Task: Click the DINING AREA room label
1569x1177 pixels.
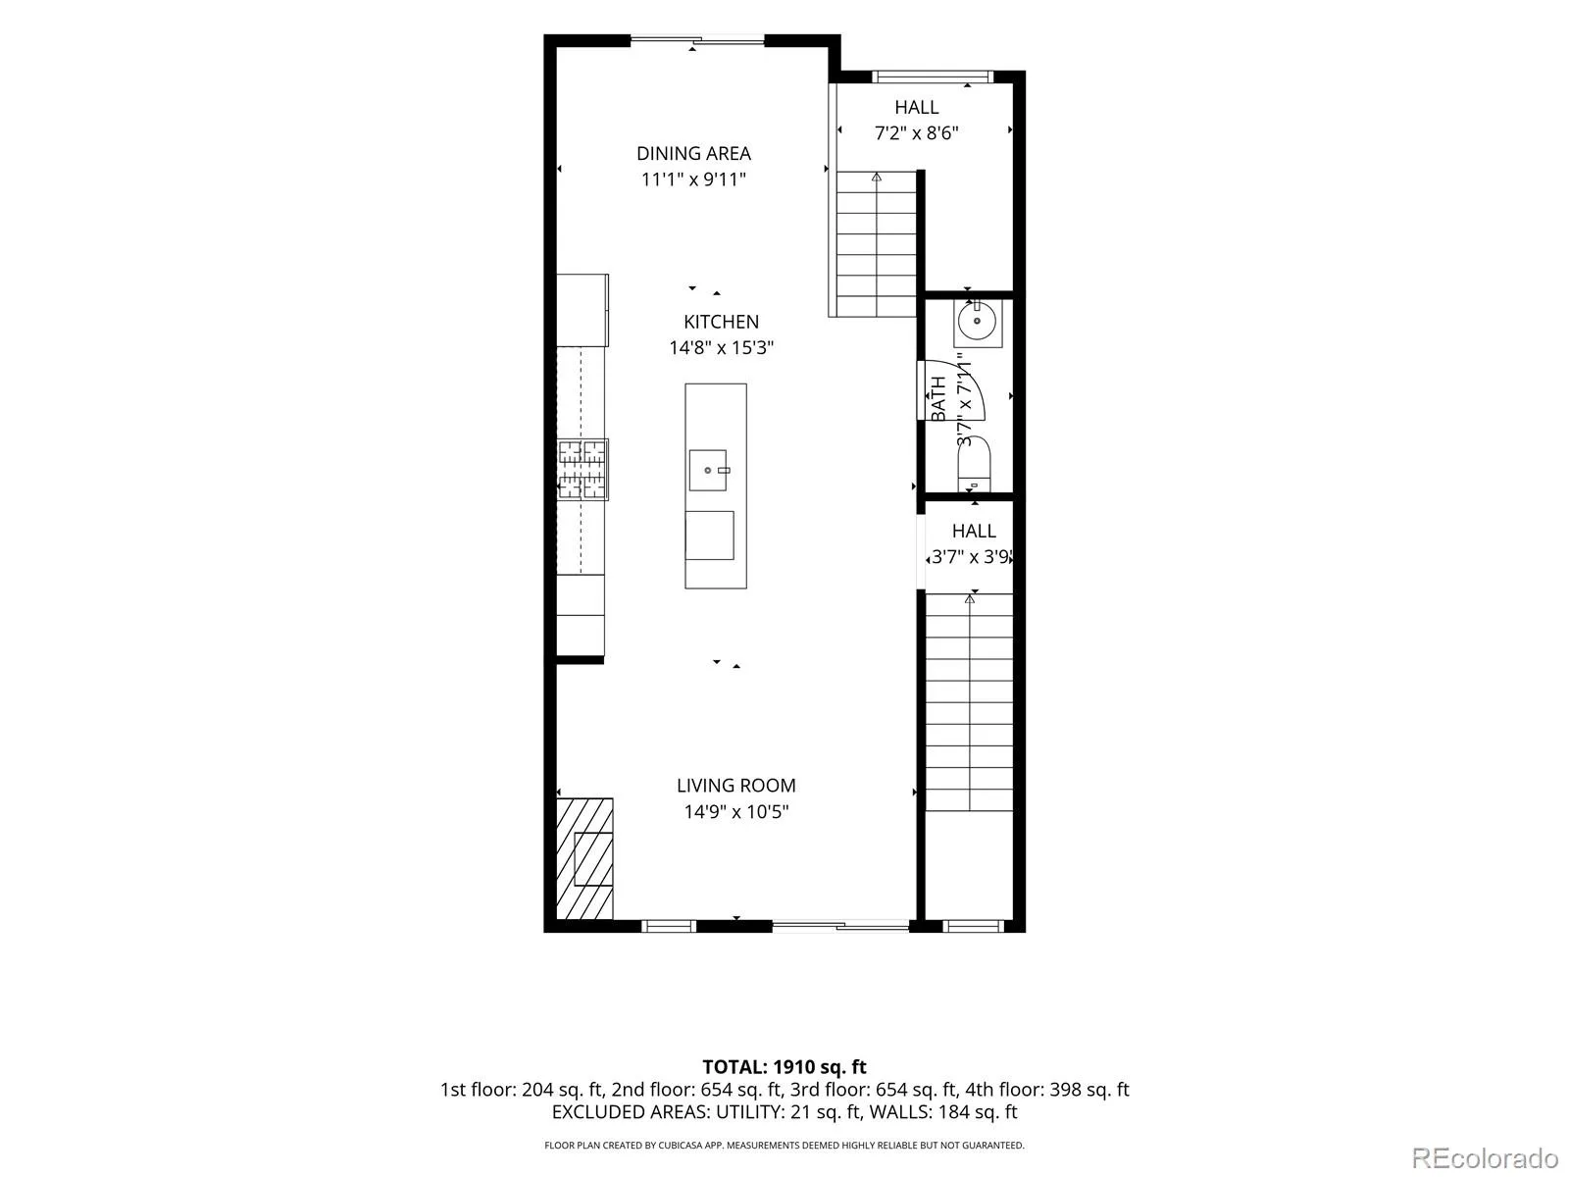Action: (x=693, y=154)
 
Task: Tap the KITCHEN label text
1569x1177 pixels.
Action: (x=721, y=322)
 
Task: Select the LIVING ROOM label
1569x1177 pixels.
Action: (x=736, y=786)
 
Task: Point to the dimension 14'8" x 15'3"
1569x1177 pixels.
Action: (x=721, y=347)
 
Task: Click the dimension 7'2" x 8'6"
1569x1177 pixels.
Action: (x=916, y=132)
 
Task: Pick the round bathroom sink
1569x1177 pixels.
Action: (x=977, y=321)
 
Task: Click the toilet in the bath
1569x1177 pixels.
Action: (x=975, y=464)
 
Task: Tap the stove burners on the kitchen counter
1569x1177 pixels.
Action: (x=582, y=470)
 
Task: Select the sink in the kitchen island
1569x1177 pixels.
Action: (x=708, y=470)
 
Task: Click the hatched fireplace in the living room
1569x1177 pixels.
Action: (x=584, y=858)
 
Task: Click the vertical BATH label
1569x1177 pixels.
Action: (x=937, y=398)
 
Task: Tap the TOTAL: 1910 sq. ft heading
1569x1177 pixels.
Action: (x=784, y=1067)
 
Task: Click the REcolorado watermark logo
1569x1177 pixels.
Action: (x=1485, y=1157)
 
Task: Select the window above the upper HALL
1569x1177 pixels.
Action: (x=933, y=77)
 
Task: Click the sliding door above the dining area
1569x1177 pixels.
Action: (x=697, y=41)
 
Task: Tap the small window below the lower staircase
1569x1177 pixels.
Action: (x=974, y=926)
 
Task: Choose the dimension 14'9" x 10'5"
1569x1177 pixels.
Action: (x=736, y=812)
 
